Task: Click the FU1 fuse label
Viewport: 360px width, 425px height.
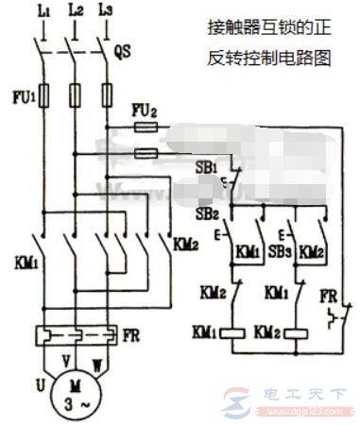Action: coord(21,95)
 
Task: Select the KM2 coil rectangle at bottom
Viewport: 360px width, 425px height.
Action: coord(302,333)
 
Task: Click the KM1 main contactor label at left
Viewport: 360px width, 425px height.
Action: coord(21,259)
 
